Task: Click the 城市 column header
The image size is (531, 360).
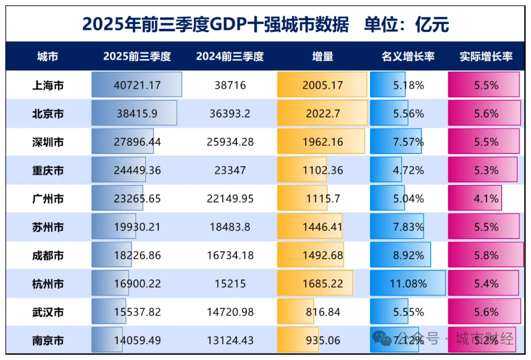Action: [x=47, y=57]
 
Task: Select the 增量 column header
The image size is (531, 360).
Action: [x=323, y=57]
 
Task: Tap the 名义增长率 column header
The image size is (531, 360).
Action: [x=408, y=57]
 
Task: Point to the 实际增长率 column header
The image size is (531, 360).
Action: [x=486, y=57]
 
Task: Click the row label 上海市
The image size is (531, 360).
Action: [x=48, y=86]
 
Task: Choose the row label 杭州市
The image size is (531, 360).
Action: [x=48, y=284]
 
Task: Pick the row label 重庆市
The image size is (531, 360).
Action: [x=48, y=171]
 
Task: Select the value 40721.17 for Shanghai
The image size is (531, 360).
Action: [x=137, y=86]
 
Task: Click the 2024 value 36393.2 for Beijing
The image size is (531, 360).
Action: [x=230, y=114]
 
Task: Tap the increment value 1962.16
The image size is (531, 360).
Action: [x=323, y=143]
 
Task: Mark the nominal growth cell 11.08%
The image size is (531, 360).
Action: [x=408, y=284]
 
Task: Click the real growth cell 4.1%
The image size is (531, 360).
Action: [x=486, y=199]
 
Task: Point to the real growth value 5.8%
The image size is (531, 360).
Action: [x=486, y=256]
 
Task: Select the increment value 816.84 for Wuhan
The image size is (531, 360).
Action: [x=323, y=312]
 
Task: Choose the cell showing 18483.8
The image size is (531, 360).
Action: [x=230, y=228]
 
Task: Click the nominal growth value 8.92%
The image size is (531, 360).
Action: [x=408, y=256]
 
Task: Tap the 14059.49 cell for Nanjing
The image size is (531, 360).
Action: [x=137, y=341]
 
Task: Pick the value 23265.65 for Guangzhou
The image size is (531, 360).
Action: [x=137, y=199]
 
